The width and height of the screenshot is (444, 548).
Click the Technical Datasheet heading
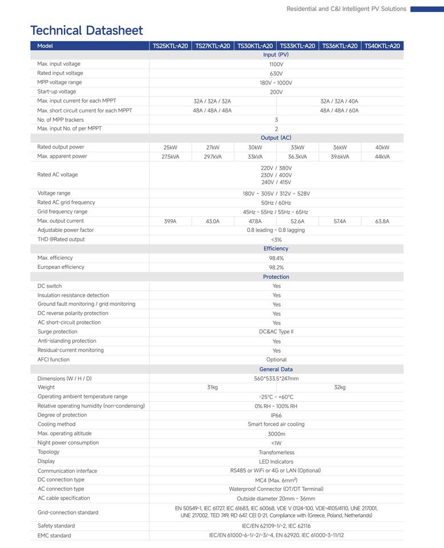pyautogui.click(x=87, y=30)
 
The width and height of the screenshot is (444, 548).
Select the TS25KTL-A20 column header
pyautogui.click(x=170, y=46)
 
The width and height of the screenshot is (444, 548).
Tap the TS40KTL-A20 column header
pyautogui.click(x=382, y=46)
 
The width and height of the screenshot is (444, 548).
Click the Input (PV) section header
pyautogui.click(x=276, y=55)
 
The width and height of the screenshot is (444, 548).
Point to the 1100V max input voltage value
pyautogui.click(x=276, y=65)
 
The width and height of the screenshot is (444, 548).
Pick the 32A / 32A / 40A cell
pyautogui.click(x=339, y=101)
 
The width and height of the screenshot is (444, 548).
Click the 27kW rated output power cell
pyautogui.click(x=212, y=147)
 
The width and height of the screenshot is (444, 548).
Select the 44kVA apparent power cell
pyautogui.click(x=382, y=156)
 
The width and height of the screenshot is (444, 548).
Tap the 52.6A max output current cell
pyautogui.click(x=297, y=221)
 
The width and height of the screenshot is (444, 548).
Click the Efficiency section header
pyautogui.click(x=276, y=249)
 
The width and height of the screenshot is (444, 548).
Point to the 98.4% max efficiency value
pyautogui.click(x=276, y=258)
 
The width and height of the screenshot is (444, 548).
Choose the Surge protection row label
pyautogui.click(x=58, y=332)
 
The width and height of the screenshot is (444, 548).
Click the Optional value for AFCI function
pyautogui.click(x=276, y=360)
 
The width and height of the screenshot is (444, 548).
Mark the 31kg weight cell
pyautogui.click(x=212, y=388)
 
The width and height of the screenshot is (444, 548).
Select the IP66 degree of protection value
pyautogui.click(x=276, y=416)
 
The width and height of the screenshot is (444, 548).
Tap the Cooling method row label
pyautogui.click(x=56, y=424)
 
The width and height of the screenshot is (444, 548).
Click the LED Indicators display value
pyautogui.click(x=276, y=461)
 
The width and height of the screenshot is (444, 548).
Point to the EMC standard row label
pyautogui.click(x=54, y=535)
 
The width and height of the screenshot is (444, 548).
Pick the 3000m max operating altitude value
pyautogui.click(x=276, y=434)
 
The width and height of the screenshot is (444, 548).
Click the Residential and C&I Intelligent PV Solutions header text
pyautogui.click(x=346, y=9)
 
